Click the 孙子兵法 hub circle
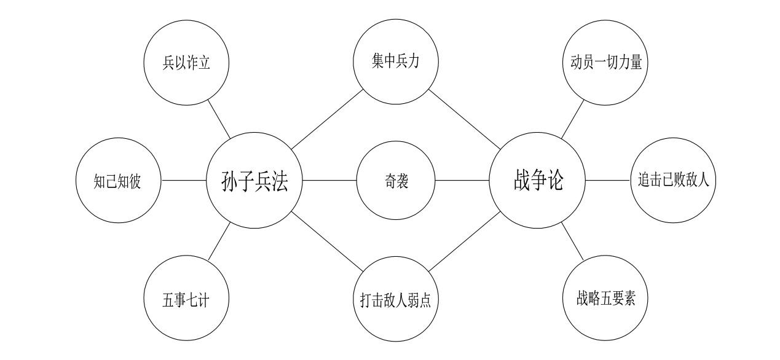[254, 181]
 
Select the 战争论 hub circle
[537, 181]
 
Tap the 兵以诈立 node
[186, 62]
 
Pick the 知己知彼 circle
[117, 181]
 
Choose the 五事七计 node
[186, 300]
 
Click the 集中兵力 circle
[396, 62]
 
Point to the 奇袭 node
[396, 181]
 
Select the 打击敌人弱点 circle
[396, 300]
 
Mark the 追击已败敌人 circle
[674, 181]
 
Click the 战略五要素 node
[605, 300]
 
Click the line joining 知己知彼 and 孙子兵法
[183, 181]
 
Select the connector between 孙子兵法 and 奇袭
[329, 181]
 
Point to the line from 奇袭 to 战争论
[462, 181]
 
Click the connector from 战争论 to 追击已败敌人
[608, 181]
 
